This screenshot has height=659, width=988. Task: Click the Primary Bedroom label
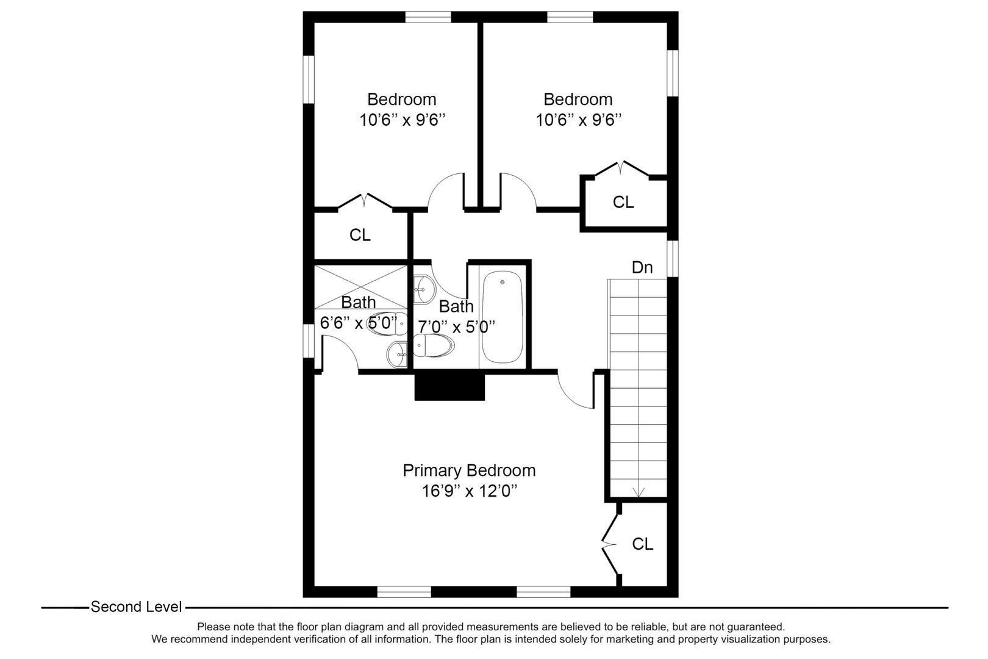click(469, 470)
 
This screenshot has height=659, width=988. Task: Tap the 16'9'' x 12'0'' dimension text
click(469, 491)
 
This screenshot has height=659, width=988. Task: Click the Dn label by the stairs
click(642, 267)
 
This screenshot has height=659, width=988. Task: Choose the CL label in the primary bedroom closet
click(642, 544)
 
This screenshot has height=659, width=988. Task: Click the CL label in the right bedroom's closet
click(623, 202)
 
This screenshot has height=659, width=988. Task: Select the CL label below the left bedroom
click(360, 235)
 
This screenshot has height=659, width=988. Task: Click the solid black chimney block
click(449, 387)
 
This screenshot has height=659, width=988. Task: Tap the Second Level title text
click(136, 607)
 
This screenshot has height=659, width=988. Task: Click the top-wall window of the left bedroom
click(428, 17)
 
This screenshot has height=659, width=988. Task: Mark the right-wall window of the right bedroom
click(672, 73)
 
